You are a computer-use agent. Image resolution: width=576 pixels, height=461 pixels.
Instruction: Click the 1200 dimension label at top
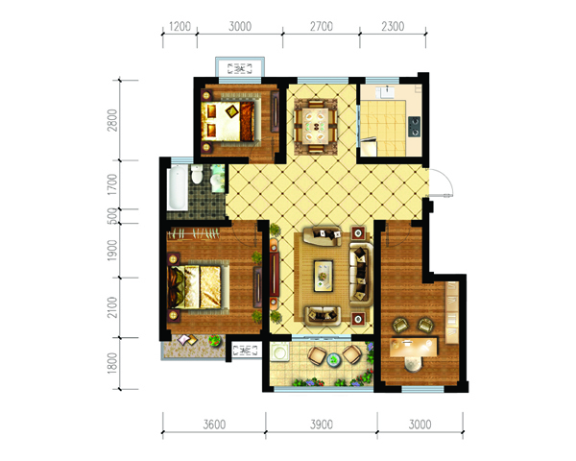180,27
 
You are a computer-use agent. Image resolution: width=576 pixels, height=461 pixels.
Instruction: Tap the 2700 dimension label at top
322,27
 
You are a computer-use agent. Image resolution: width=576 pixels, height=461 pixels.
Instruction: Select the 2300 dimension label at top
393,27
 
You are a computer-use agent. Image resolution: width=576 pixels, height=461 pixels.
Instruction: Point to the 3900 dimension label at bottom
322,425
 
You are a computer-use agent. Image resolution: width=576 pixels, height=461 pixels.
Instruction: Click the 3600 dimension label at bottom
214,425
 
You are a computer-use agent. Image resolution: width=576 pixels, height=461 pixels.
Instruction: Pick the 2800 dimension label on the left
112,120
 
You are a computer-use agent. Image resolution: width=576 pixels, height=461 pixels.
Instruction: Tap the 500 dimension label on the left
112,216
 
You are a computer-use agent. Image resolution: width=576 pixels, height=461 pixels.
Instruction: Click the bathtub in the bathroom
177,188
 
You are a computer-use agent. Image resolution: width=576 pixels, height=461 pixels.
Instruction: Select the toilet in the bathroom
197,174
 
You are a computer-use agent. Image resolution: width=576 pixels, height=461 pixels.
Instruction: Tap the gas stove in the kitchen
414,126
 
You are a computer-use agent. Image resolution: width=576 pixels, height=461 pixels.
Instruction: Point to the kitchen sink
387,92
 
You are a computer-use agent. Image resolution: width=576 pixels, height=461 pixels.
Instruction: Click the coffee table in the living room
324,276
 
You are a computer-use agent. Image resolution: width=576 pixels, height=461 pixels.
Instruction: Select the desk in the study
414,347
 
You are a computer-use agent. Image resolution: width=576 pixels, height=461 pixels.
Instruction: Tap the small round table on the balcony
333,359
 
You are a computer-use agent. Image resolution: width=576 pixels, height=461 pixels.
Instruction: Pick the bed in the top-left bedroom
230,121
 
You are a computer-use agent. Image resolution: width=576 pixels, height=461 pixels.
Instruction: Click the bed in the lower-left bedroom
199,287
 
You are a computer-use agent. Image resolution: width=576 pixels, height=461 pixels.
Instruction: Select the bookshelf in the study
452,312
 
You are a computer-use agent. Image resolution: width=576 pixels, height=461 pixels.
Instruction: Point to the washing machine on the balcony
280,352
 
